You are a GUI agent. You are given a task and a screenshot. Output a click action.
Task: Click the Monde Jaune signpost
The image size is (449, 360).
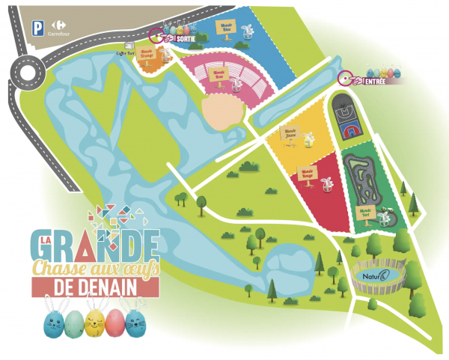click(290, 133)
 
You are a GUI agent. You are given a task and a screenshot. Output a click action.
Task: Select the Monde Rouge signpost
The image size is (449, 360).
click(308, 173)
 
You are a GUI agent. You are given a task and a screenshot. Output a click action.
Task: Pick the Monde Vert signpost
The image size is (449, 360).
click(365, 211)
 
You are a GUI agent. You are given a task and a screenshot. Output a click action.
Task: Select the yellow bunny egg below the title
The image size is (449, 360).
click(94, 322)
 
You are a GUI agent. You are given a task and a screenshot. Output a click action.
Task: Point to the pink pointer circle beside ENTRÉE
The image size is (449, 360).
click(345, 76)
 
